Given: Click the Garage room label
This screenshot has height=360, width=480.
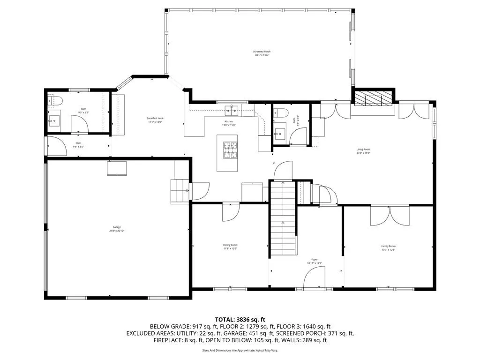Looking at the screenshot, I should [117, 227].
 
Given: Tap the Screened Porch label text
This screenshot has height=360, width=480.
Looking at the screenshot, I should [262, 52].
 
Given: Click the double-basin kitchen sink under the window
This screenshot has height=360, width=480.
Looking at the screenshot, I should [232, 111].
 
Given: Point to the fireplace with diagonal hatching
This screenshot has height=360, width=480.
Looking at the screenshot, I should [374, 98].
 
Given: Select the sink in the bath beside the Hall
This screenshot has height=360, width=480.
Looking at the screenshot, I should [54, 121].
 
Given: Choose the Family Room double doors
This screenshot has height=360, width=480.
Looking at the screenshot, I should [390, 216].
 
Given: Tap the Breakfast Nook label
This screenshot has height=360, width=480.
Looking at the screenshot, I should [155, 118].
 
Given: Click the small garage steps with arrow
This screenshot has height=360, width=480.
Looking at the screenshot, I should [179, 191].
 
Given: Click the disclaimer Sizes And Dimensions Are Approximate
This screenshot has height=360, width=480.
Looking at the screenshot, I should [240, 350].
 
